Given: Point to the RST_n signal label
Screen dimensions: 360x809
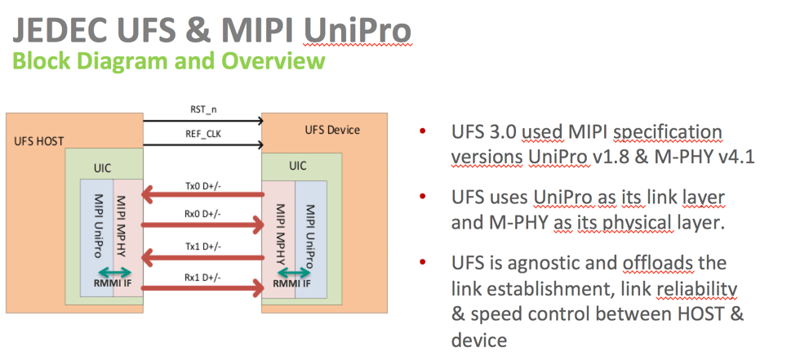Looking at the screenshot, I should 202,109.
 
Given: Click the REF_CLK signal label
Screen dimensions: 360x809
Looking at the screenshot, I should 202,133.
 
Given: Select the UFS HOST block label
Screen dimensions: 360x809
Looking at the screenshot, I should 39,140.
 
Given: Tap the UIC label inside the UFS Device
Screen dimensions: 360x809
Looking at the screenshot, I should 298,165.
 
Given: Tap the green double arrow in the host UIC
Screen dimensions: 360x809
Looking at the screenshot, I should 113,273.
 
